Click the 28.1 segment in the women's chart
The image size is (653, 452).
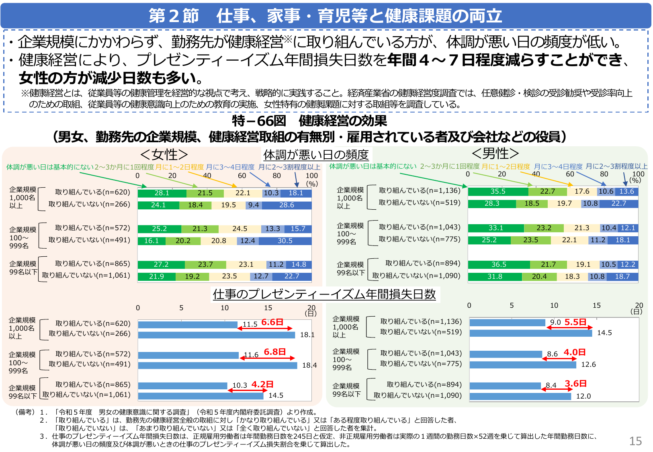pyautogui.click(x=162, y=193)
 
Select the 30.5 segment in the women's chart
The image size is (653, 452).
pyautogui.click(x=285, y=241)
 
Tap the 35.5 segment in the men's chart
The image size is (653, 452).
pyautogui.click(x=498, y=191)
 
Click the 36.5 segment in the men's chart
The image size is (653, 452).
pyautogui.click(x=499, y=264)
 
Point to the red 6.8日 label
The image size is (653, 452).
pyautogui.click(x=275, y=352)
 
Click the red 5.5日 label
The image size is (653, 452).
pyautogui.click(x=575, y=322)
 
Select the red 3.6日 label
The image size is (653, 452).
pyautogui.click(x=576, y=383)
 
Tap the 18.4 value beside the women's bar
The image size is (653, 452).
pyautogui.click(x=309, y=365)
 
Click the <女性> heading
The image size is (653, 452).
pyautogui.click(x=164, y=154)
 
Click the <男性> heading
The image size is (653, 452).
pyautogui.click(x=495, y=153)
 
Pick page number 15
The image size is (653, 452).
pyautogui.click(x=635, y=441)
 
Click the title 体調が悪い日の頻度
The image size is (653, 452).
pyautogui.click(x=316, y=154)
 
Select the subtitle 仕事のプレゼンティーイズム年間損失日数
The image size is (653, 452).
pyautogui.click(x=324, y=294)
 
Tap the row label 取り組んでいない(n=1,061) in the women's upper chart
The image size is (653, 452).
pyautogui.click(x=86, y=275)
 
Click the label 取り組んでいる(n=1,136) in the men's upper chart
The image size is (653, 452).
pyautogui.click(x=420, y=190)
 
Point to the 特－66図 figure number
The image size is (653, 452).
pyautogui.click(x=259, y=121)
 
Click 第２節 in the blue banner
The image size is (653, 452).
pyautogui.click(x=174, y=16)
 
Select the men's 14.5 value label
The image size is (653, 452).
pyautogui.click(x=604, y=333)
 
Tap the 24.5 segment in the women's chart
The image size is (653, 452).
pyautogui.click(x=240, y=229)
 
